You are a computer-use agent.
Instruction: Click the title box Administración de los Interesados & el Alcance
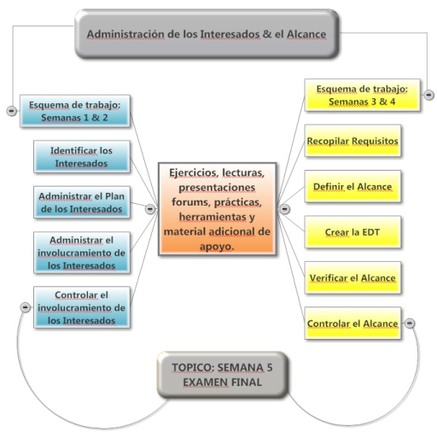207,34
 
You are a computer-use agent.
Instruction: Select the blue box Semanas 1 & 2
75,111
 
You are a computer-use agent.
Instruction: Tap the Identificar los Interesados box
82,157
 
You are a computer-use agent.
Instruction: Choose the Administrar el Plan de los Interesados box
82,202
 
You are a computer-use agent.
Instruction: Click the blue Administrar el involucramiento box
82,253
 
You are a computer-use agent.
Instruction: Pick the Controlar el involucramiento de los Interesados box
82,307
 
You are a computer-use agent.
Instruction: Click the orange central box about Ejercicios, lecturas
217,209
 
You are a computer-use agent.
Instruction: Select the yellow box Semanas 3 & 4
362,95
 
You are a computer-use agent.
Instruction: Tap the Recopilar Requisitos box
353,141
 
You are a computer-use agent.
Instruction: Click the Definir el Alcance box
353,186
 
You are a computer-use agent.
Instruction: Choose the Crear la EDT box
353,232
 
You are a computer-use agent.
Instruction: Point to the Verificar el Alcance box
353,277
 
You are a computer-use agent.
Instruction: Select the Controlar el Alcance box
353,323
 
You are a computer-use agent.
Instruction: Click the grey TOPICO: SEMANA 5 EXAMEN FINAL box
223,375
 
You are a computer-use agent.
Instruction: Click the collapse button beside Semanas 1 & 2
11,110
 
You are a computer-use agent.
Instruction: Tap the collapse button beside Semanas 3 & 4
428,95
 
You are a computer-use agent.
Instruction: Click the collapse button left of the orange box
150,209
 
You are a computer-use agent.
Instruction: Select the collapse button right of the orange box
284,209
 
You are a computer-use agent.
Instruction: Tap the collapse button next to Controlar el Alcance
410,323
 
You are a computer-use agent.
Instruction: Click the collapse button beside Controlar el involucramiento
26,307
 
